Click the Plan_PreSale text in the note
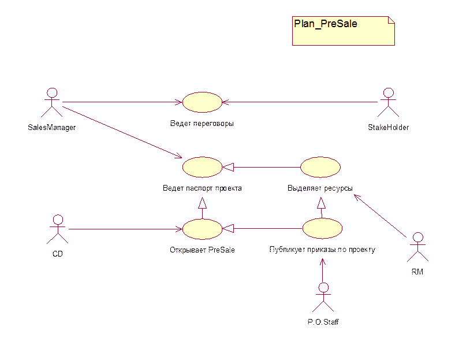click(x=326, y=24)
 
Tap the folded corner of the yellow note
click(x=391, y=20)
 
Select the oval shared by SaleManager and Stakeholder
click(x=202, y=102)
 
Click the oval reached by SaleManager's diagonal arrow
click(x=202, y=167)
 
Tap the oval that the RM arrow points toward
click(x=320, y=167)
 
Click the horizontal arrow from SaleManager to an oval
click(x=121, y=102)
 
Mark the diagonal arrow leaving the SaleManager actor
click(x=121, y=131)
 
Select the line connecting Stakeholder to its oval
click(x=300, y=102)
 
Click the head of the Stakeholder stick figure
click(x=388, y=93)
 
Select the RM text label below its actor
click(x=417, y=271)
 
